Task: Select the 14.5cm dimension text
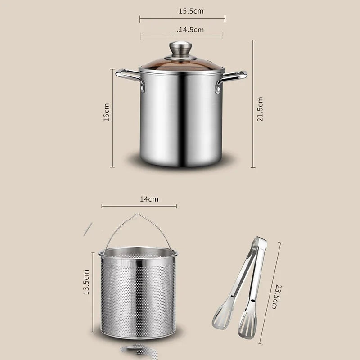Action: pyautogui.click(x=191, y=30)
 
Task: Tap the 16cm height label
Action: pyautogui.click(x=106, y=112)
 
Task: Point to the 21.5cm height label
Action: pyautogui.click(x=261, y=109)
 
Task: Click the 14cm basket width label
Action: pyautogui.click(x=149, y=198)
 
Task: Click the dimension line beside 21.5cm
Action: pyautogui.click(x=252, y=103)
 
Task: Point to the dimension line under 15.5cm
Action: pyautogui.click(x=182, y=18)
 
